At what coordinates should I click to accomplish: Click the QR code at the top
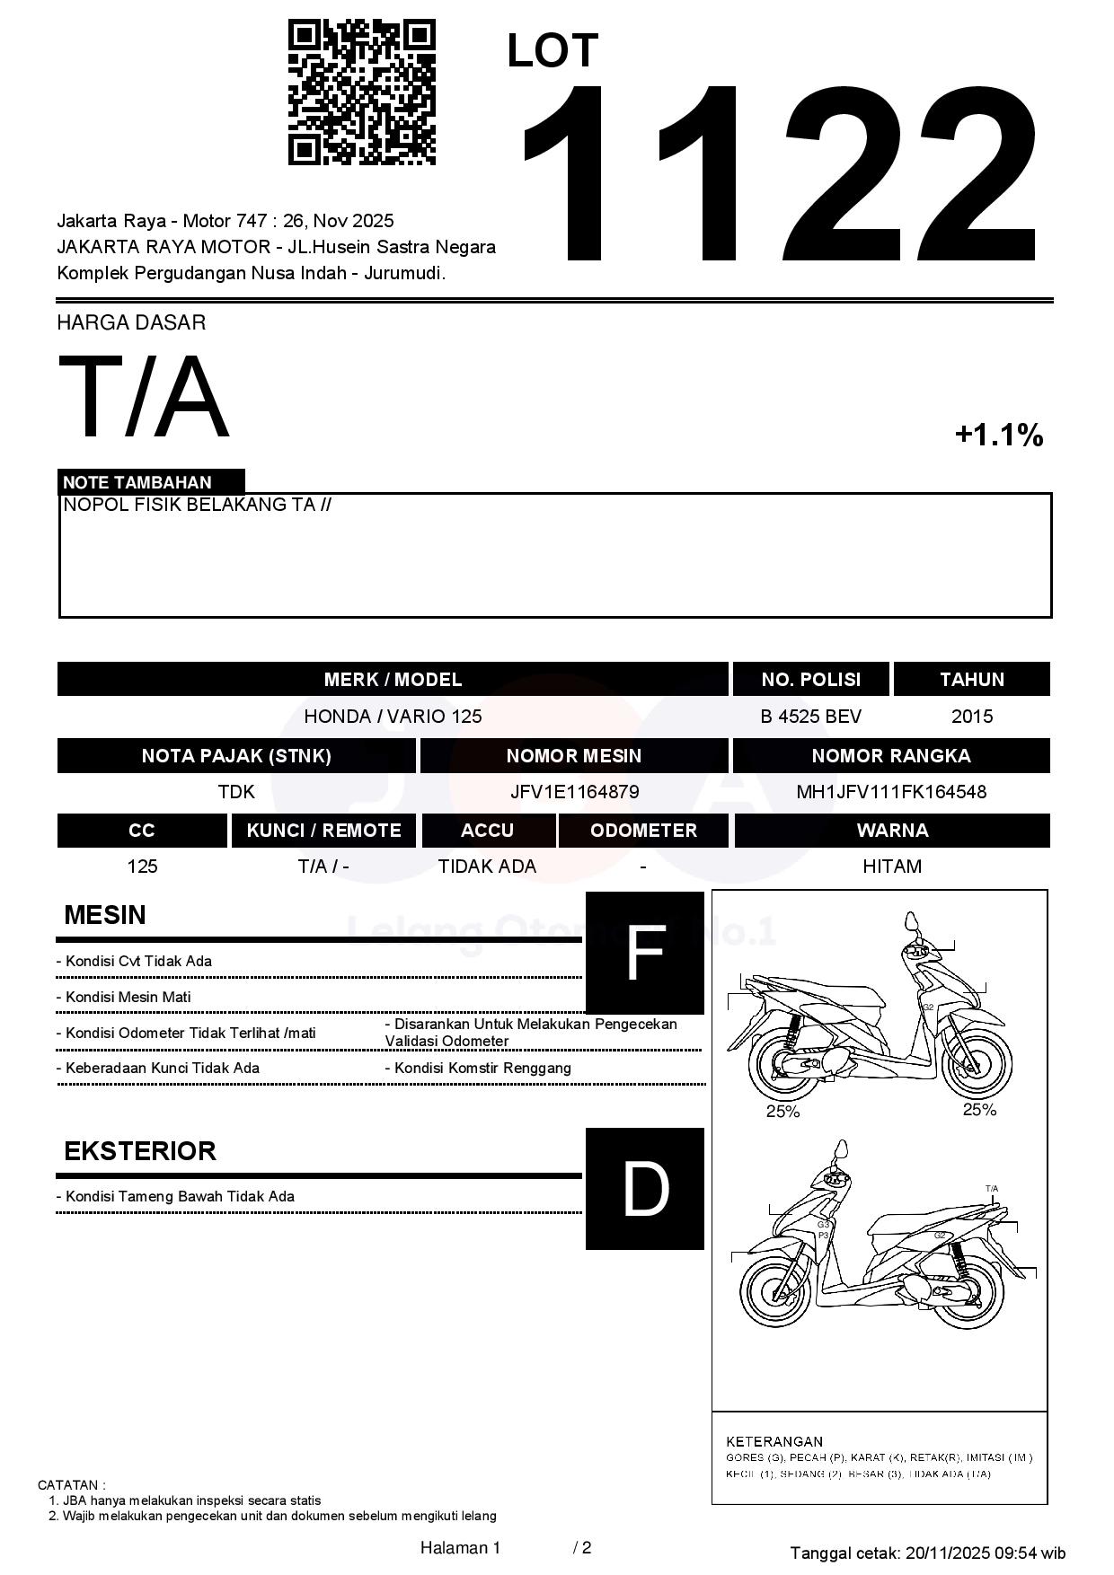tap(361, 92)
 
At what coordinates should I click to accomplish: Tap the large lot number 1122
tap(780, 175)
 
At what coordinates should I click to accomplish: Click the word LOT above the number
tap(552, 51)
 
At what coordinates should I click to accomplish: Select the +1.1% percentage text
tap(998, 436)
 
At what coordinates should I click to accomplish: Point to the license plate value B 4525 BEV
tap(810, 717)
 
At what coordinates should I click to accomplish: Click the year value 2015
tap(972, 717)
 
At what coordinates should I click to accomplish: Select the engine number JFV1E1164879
tap(574, 792)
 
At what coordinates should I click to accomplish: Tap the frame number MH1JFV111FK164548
tap(891, 792)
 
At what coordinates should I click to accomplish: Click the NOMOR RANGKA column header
tap(891, 756)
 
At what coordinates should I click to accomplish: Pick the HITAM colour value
tap(892, 867)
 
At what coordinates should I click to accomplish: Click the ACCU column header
tap(487, 831)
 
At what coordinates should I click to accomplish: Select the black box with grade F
tap(644, 953)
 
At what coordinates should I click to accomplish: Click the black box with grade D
tap(644, 1189)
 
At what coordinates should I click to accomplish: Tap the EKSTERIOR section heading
tap(140, 1151)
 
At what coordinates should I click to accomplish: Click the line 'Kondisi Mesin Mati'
tap(128, 997)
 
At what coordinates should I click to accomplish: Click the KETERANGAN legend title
tap(774, 1441)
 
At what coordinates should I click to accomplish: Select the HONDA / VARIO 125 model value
tap(393, 717)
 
